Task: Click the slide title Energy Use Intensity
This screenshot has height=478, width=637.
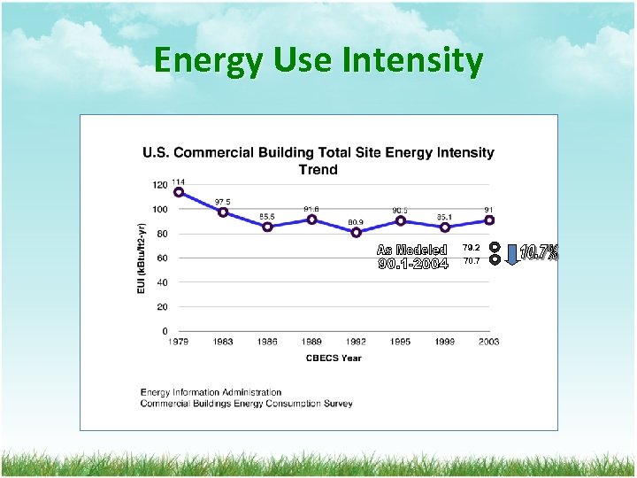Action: [x=318, y=61]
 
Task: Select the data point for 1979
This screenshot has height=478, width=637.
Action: [x=179, y=192]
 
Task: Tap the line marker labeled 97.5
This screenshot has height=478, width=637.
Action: [x=223, y=212]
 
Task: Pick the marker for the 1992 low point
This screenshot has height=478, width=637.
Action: [x=356, y=233]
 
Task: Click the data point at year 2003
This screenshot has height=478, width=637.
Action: [x=489, y=220]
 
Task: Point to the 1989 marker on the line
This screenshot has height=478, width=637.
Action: [x=311, y=220]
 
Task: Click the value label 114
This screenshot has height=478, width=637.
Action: [x=179, y=181]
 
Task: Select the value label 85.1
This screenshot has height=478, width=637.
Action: [x=444, y=216]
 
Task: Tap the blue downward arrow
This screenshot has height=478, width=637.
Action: [x=511, y=253]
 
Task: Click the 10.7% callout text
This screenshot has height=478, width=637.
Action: [x=539, y=253]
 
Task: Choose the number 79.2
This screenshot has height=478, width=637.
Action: [x=471, y=248]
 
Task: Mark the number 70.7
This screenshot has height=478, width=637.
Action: [x=471, y=261]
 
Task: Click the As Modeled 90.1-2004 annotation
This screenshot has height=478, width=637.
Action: [x=412, y=257]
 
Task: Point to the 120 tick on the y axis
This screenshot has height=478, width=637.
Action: [x=159, y=185]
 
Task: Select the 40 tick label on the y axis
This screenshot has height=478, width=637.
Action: [x=161, y=282]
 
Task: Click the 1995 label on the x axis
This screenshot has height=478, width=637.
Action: [x=400, y=342]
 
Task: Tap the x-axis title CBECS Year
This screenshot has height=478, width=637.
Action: [x=333, y=358]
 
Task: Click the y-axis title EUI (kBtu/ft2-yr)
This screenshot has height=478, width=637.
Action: [x=142, y=258]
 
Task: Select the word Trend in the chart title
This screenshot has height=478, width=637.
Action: [x=318, y=168]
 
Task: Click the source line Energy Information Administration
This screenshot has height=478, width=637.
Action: [x=211, y=392]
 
